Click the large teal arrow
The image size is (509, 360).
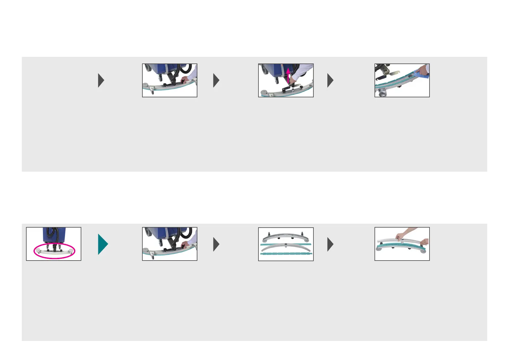pyautogui.click(x=102, y=244)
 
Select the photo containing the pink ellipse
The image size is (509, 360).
pyautogui.click(x=54, y=244)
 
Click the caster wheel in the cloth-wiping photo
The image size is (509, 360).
pyautogui.click(x=382, y=95)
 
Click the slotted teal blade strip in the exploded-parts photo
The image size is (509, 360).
pyautogui.click(x=286, y=254)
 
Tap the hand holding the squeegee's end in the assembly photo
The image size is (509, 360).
pyautogui.click(x=424, y=242)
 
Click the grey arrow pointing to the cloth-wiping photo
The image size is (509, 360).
pyautogui.click(x=330, y=80)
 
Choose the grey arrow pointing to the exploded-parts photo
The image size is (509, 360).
pyautogui.click(x=216, y=244)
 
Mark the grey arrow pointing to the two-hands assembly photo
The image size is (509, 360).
pyautogui.click(x=330, y=244)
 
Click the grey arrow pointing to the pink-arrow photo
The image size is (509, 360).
pyautogui.click(x=216, y=80)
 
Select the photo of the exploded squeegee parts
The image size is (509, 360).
pyautogui.click(x=286, y=244)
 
